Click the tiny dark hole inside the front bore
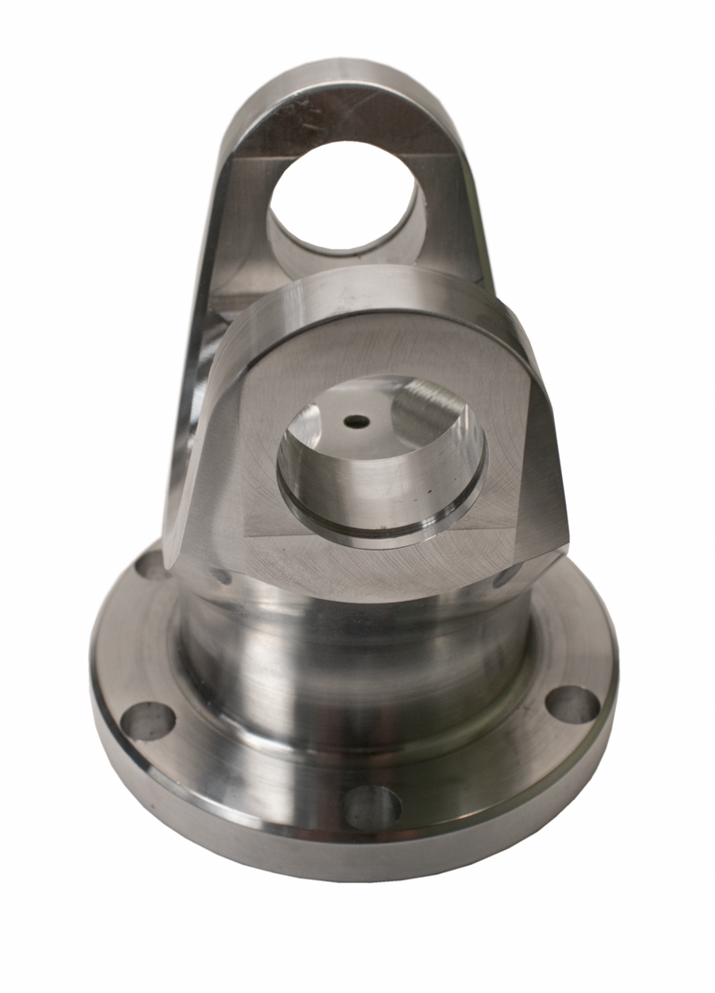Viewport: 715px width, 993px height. pos(357,420)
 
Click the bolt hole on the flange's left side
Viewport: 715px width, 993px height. pos(147,720)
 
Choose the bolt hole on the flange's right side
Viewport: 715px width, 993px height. pos(573,704)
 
